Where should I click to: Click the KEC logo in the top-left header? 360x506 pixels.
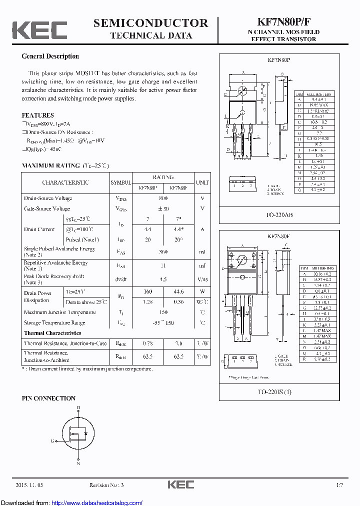point(39,30)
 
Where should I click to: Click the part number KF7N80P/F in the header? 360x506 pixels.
point(283,22)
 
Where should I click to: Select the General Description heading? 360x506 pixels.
point(50,56)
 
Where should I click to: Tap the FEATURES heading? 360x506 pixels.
point(37,115)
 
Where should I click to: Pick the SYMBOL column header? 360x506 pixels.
point(120,182)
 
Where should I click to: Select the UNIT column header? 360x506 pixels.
point(202,182)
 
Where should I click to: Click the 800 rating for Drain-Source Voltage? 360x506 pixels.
point(163,198)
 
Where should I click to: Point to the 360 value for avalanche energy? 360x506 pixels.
point(163,252)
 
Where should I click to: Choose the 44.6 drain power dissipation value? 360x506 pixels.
point(178,291)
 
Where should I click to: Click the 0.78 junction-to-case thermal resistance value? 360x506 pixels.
point(148,343)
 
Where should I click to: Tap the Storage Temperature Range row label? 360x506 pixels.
point(54,323)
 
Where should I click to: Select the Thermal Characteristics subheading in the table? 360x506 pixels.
point(52,333)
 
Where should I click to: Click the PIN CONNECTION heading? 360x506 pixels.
point(48,398)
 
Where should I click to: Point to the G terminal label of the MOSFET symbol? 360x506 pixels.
point(52,441)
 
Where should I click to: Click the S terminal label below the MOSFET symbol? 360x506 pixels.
point(78,463)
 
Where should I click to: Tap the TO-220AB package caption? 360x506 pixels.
point(280,215)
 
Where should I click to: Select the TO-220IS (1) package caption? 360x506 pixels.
point(280,391)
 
